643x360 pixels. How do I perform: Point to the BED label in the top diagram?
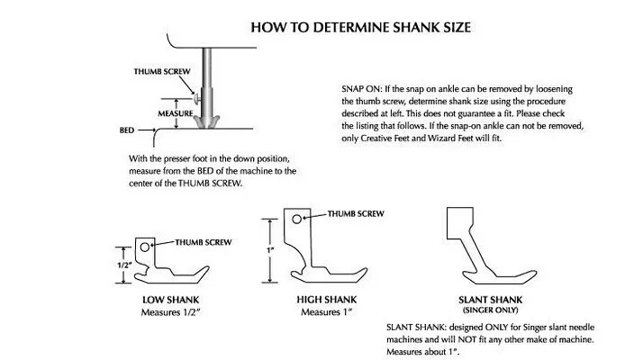pyautogui.click(x=127, y=130)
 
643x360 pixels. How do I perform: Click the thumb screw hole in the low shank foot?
pyautogui.click(x=145, y=245)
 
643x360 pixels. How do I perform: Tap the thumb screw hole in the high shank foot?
pyautogui.click(x=294, y=217)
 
